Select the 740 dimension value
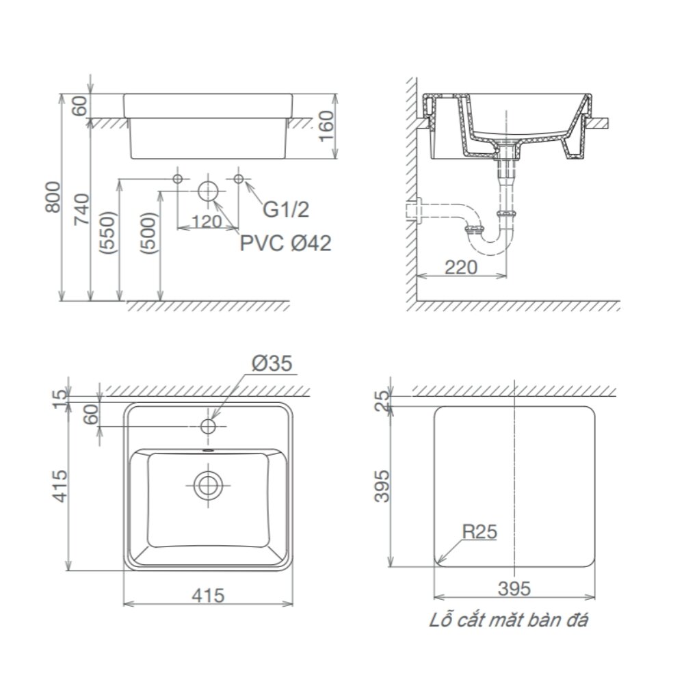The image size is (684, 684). coord(81,211)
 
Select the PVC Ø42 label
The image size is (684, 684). coord(285,243)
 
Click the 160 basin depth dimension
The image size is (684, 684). coord(328,125)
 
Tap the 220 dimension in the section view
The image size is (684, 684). coord(461,267)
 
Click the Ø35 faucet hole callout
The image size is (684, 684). coord(272,365)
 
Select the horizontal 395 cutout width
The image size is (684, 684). coord(514,588)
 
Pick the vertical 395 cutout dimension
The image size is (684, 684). coord(384,486)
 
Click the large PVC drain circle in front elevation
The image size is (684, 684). coord(208,191)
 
